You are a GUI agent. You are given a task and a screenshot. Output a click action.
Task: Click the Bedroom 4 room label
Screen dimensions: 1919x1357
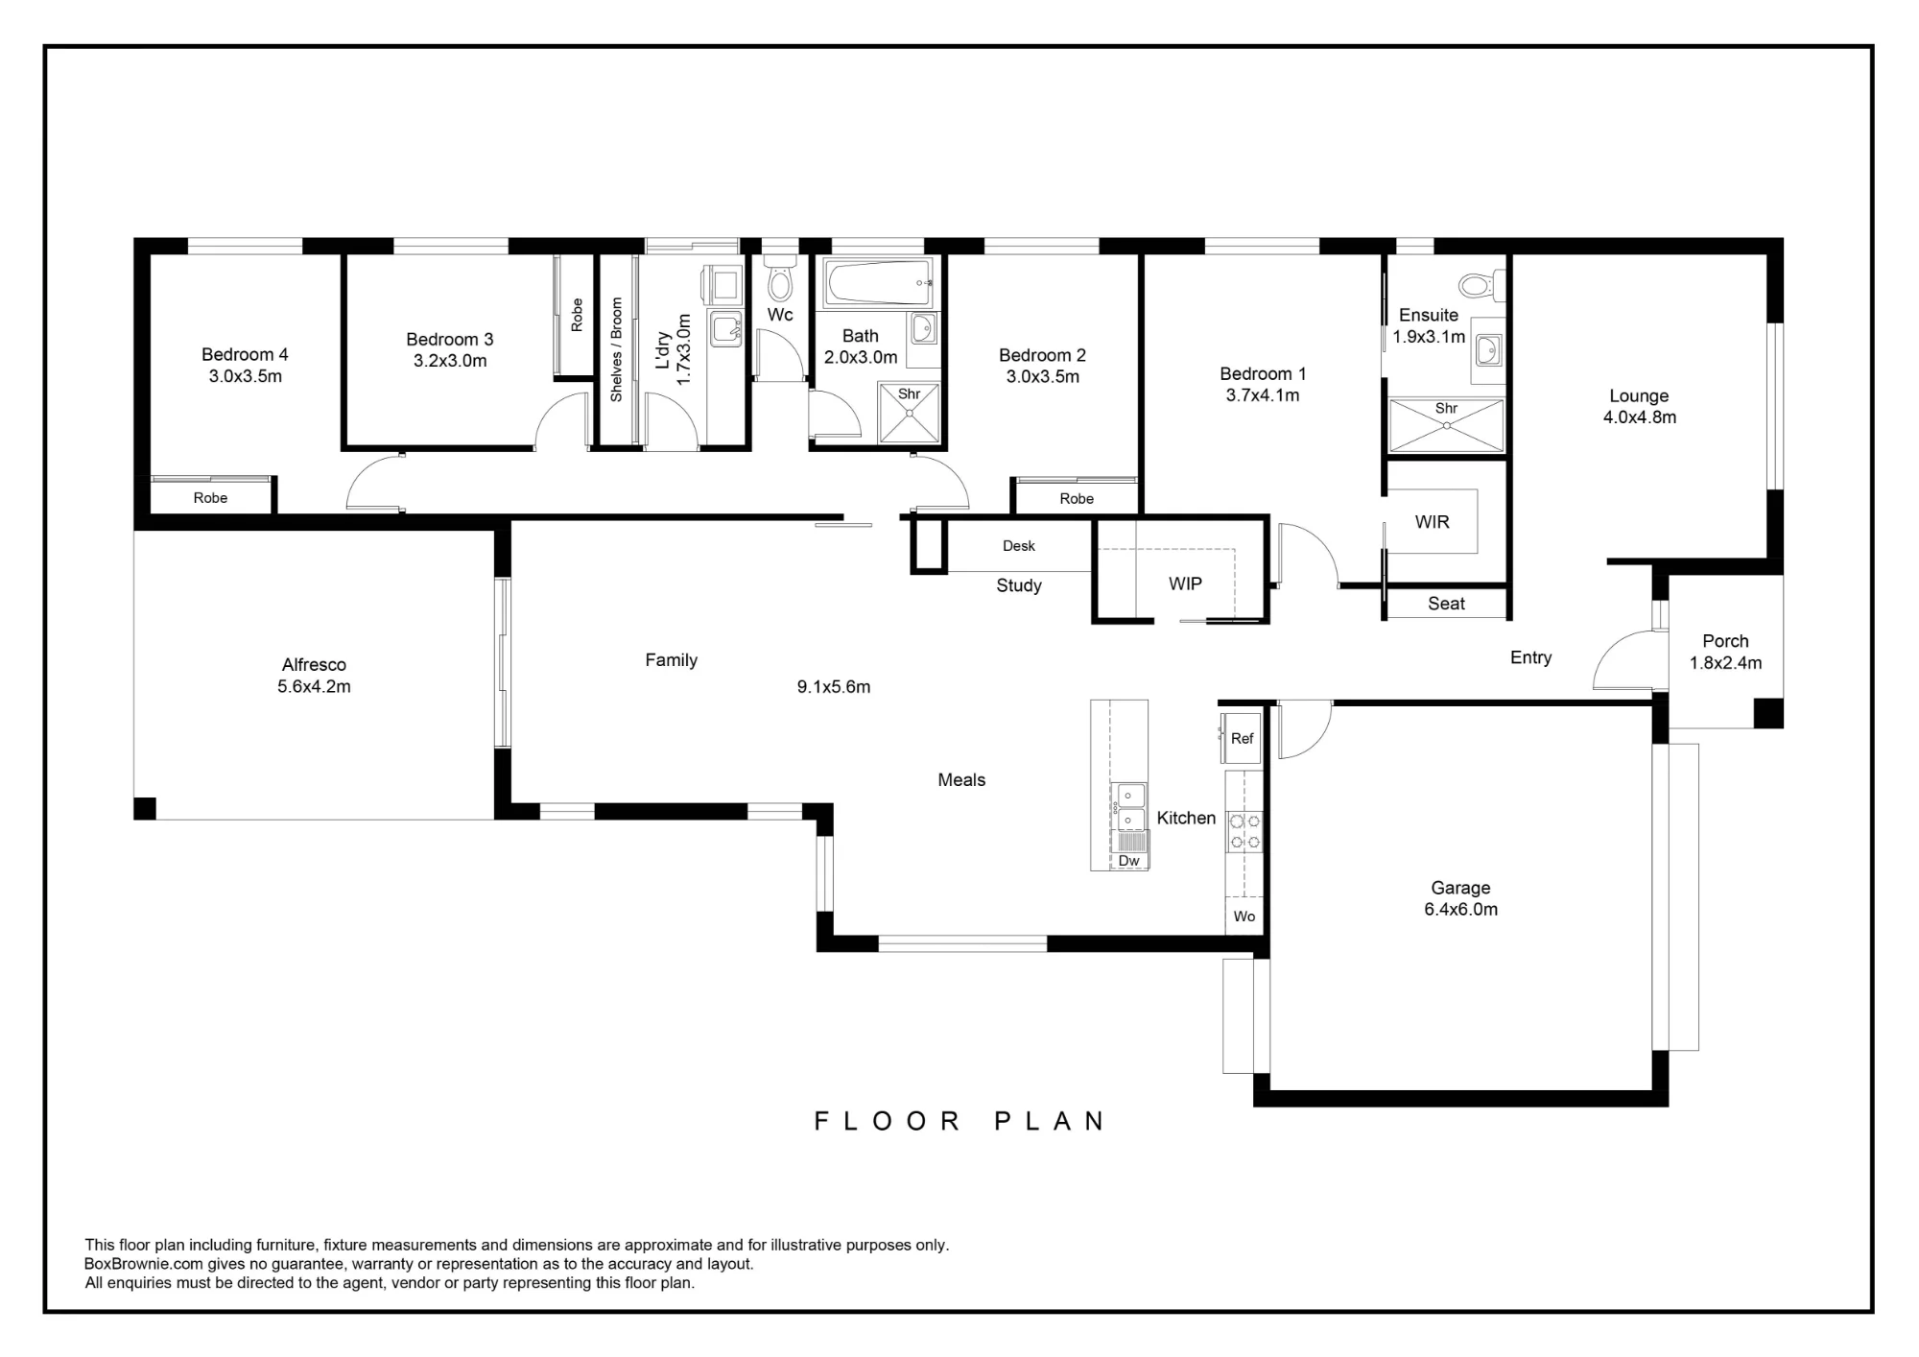245,354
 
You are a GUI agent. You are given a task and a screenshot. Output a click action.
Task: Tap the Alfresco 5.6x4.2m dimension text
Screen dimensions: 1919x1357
314,686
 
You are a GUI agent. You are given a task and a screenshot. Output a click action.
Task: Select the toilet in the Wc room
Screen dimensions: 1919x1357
779,279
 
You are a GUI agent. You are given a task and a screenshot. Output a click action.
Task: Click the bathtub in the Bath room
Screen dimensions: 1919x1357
879,282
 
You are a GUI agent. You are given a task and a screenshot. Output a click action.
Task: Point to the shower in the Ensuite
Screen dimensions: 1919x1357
1446,425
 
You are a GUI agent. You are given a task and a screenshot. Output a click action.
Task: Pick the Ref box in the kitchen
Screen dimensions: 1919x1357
1241,738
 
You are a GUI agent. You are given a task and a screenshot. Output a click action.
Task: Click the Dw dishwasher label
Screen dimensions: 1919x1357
1129,861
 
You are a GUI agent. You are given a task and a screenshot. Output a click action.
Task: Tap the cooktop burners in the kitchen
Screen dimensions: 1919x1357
1244,832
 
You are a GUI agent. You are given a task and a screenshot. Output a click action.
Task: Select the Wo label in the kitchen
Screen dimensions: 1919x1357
1244,917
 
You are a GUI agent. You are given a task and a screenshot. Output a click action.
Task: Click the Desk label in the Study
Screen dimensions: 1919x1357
1019,546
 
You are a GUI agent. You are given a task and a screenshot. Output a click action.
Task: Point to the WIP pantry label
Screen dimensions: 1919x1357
1185,583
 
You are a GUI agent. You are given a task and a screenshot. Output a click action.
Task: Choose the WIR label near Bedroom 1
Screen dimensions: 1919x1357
1432,522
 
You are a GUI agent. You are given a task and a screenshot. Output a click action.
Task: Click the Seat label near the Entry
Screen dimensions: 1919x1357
1446,604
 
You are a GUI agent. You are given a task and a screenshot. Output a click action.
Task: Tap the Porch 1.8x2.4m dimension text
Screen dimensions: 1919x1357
1725,662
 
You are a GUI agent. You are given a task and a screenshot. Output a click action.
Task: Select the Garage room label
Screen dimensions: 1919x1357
1460,889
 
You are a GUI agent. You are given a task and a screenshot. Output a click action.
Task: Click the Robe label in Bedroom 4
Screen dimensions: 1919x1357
210,497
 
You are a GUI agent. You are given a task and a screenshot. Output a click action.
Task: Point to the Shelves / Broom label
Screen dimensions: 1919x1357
616,349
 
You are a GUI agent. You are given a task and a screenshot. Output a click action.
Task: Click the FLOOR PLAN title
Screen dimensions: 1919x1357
959,1121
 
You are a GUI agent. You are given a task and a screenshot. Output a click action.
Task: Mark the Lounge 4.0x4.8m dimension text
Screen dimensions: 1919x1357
1640,417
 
